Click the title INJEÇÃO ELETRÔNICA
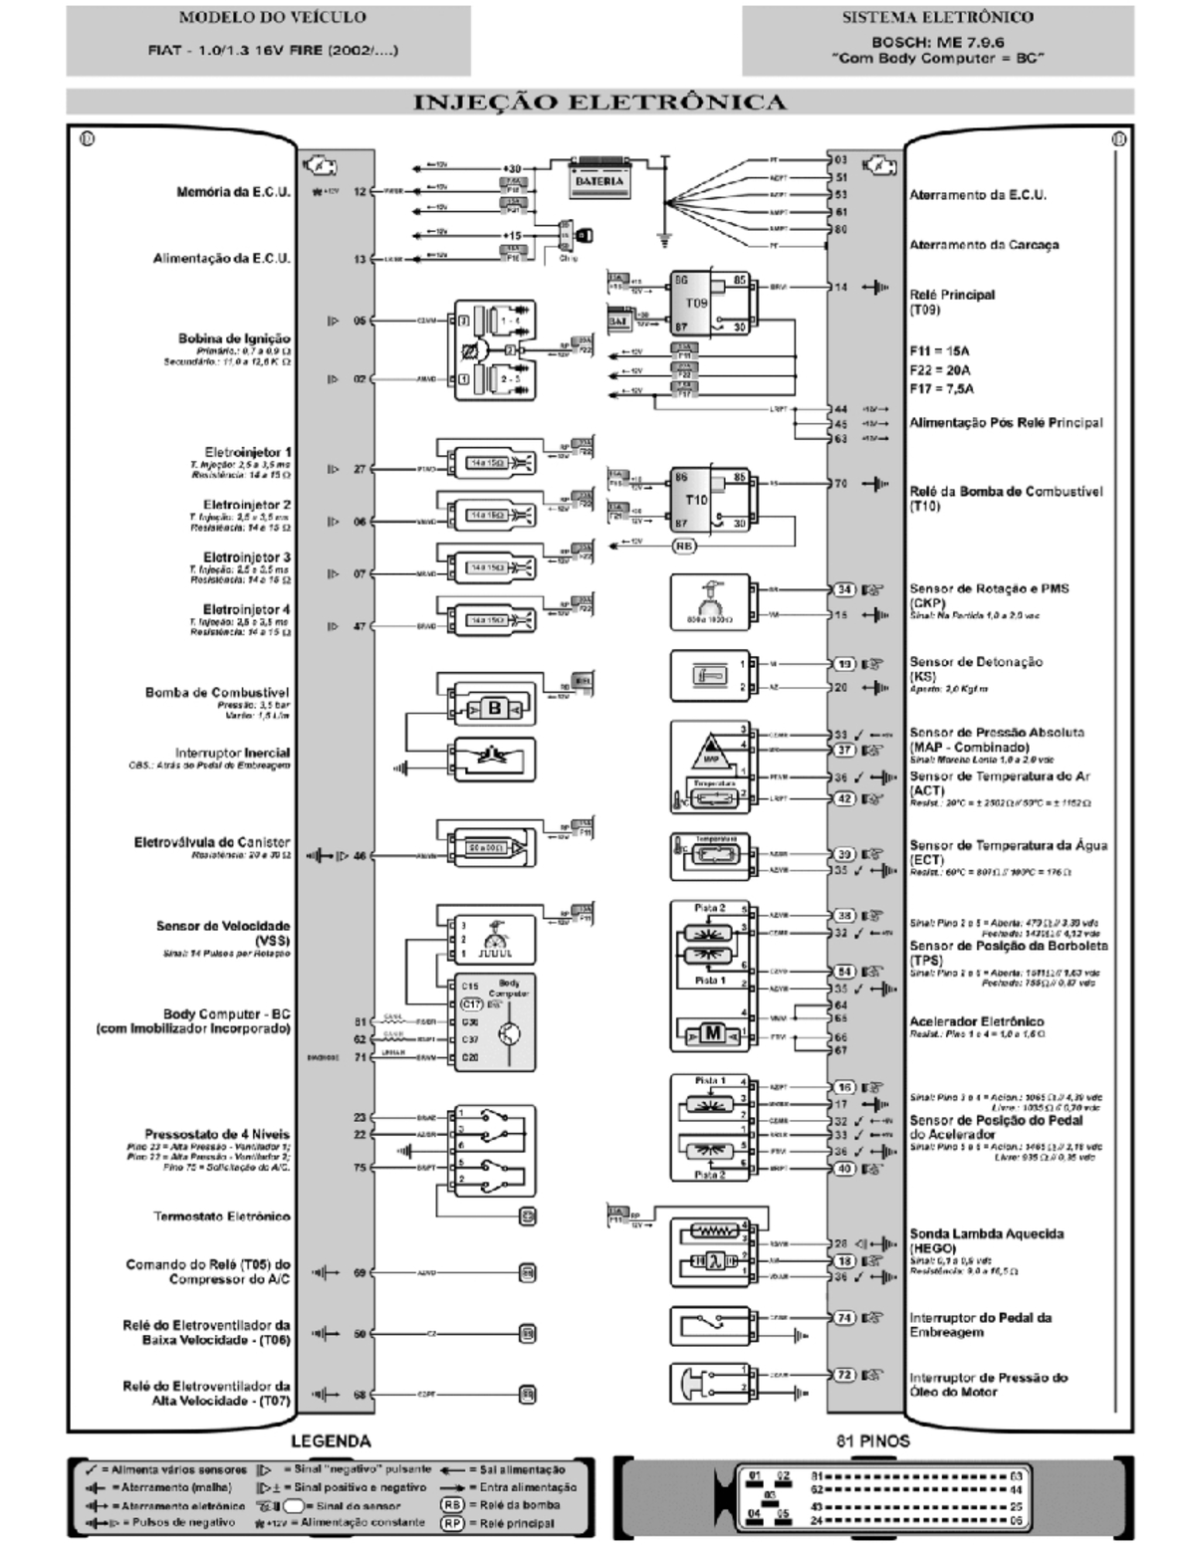[598, 103]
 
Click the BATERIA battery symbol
[599, 180]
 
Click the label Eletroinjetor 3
[247, 557]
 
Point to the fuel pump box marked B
[495, 708]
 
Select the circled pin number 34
[843, 589]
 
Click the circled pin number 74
[843, 1317]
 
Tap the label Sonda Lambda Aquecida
[986, 1233]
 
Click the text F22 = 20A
[940, 370]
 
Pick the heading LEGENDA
[331, 1440]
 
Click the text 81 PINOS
[872, 1440]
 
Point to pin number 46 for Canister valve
[359, 855]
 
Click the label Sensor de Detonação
[975, 662]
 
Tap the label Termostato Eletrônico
[221, 1216]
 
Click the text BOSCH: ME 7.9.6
[937, 43]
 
